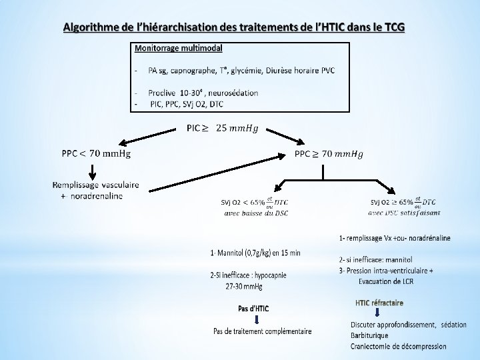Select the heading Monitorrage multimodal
(179, 48)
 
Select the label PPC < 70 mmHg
(96, 154)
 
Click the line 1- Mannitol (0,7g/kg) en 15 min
(255, 252)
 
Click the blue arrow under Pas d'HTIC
(257, 319)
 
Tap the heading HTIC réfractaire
(379, 303)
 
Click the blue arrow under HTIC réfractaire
(377, 314)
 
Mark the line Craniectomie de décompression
(399, 345)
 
